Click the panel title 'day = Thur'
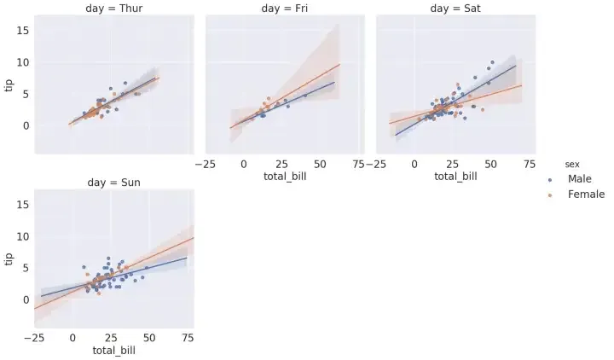[114, 9]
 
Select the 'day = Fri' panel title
[285, 9]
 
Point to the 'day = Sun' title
[114, 183]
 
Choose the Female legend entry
[585, 195]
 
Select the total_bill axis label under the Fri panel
[285, 177]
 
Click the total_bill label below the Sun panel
[114, 350]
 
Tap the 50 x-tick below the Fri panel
[321, 164]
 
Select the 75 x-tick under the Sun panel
[186, 338]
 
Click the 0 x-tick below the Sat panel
[414, 164]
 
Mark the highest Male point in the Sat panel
[492, 62]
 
